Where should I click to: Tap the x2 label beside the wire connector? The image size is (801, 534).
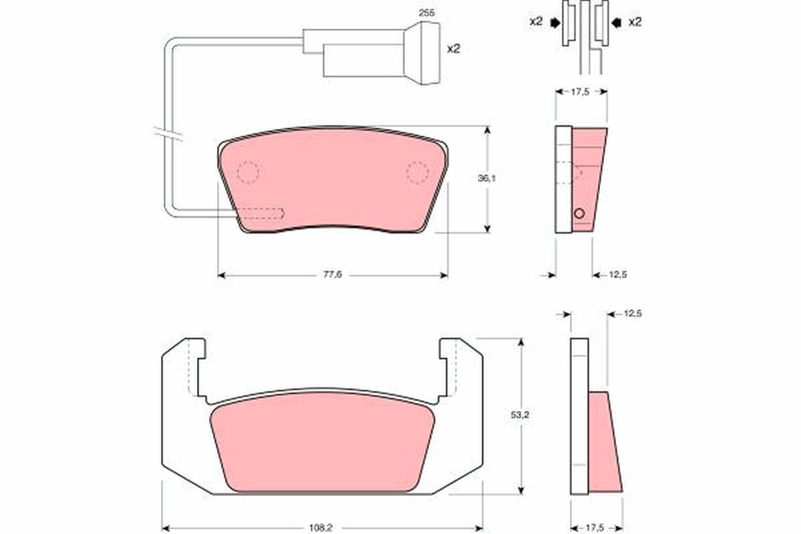(x=454, y=49)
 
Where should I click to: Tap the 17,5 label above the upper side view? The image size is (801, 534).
(x=581, y=92)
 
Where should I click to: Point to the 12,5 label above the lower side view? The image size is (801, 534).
(x=631, y=314)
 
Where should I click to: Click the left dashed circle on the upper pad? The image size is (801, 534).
(x=248, y=172)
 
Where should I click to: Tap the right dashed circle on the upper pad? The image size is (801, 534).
(x=417, y=172)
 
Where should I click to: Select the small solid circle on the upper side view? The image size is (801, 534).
(x=579, y=214)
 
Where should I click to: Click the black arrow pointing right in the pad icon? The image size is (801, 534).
(x=554, y=23)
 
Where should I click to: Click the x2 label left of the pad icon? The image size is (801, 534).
(x=535, y=22)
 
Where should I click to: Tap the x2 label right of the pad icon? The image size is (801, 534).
(x=635, y=22)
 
